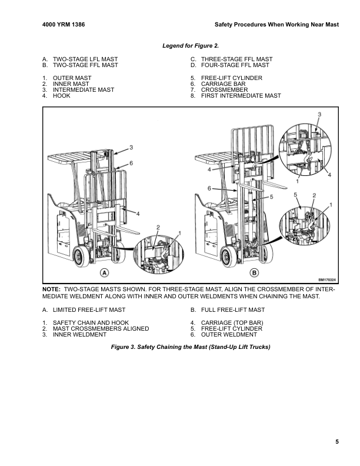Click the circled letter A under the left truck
(104, 272)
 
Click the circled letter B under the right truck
(254, 272)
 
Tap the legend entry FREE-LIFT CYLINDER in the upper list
(231, 78)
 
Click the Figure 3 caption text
(191, 347)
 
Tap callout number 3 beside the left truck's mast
(131, 147)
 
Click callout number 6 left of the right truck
(209, 188)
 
